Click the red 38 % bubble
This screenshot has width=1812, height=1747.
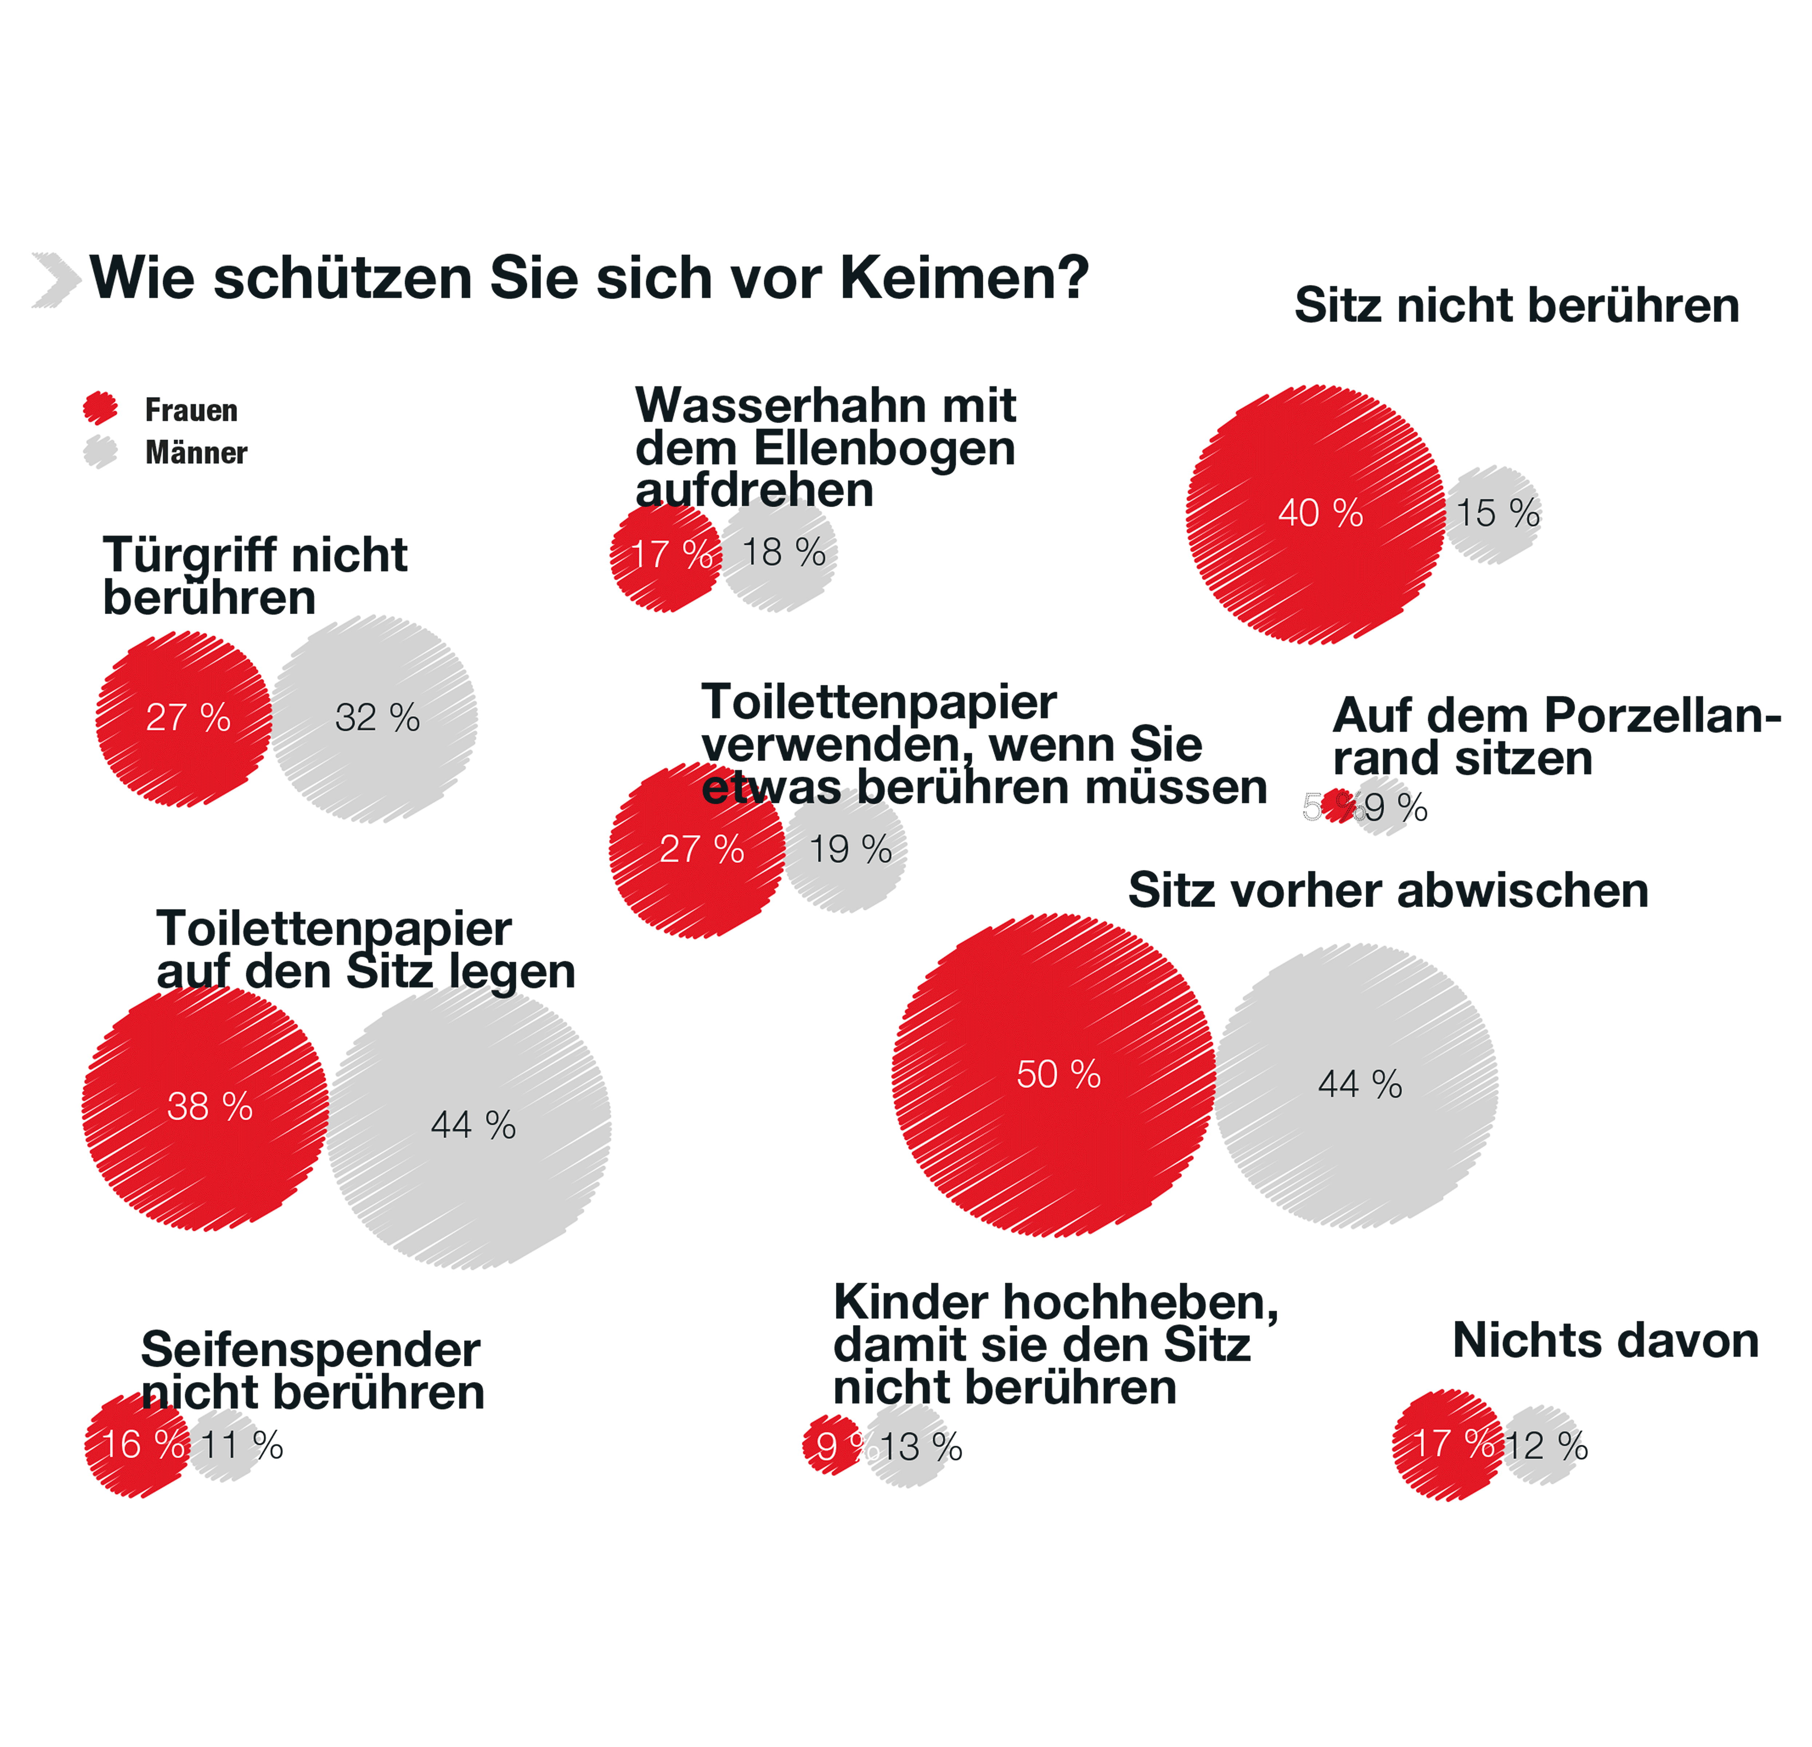205,1108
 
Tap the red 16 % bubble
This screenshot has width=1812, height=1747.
137,1445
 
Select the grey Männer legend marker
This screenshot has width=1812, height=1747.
100,452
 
